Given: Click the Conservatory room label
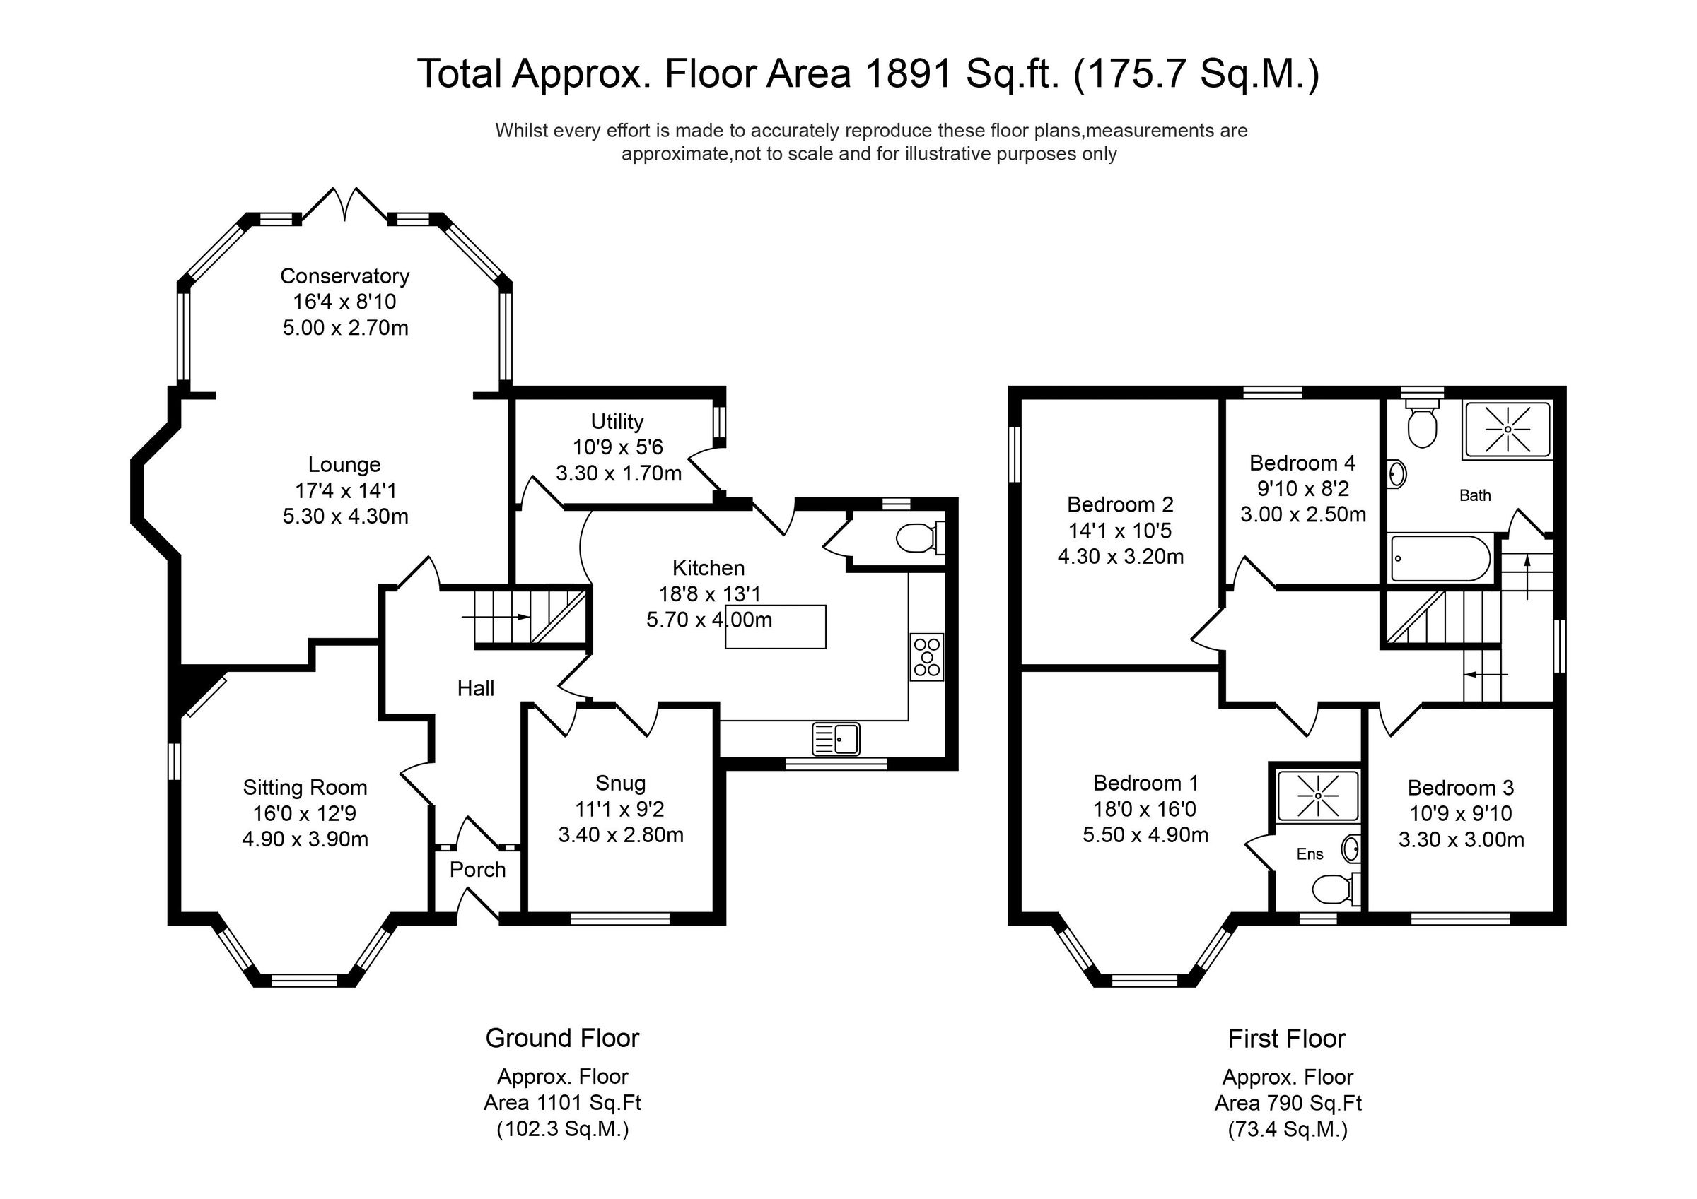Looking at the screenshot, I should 344,276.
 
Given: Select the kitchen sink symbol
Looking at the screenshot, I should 836,739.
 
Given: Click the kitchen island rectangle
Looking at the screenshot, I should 776,627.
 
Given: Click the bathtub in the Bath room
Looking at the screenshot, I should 1440,558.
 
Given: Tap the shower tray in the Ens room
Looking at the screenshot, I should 1318,796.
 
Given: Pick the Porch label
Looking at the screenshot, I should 477,870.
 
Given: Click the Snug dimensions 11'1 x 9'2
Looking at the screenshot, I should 620,809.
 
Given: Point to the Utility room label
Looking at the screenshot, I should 617,421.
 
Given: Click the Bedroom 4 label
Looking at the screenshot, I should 1302,463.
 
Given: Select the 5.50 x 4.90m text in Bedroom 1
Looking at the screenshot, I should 1145,835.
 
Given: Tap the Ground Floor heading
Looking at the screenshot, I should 561,1038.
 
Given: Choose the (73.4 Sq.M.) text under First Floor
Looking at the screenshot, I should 1288,1130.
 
